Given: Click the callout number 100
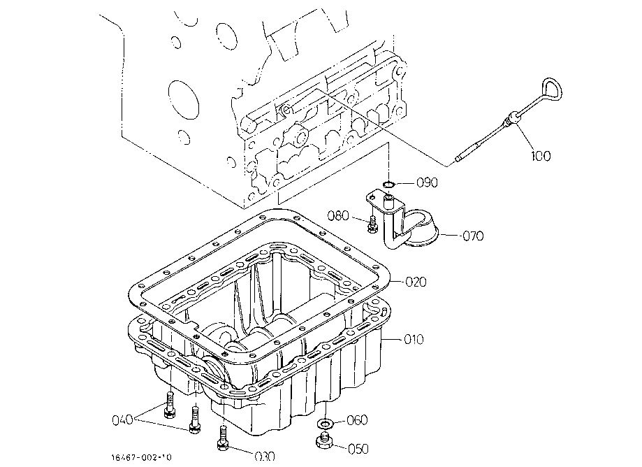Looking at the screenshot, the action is tap(541, 156).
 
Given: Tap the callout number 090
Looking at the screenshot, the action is tap(427, 182).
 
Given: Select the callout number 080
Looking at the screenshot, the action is tap(338, 215).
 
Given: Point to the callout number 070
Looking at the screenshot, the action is tap(473, 236).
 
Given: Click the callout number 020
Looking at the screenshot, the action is tap(416, 282).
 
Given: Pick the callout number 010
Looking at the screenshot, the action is tap(414, 339).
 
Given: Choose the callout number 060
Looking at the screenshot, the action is tap(357, 420).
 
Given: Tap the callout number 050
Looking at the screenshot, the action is tap(358, 449).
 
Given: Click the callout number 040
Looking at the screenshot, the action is tap(122, 420).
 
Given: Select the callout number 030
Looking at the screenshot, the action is tap(265, 456).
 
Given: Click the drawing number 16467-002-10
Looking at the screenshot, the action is tap(142, 457).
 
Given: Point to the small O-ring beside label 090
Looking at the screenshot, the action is tap(388, 185).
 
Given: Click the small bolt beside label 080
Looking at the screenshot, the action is tap(372, 224).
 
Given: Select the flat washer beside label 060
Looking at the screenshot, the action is tap(326, 423).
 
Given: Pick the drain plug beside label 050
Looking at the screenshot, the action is tap(324, 440).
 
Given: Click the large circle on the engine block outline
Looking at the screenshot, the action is tap(184, 100).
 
